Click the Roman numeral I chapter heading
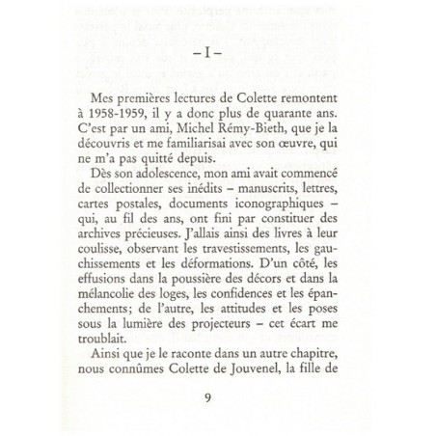tap(217, 54)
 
